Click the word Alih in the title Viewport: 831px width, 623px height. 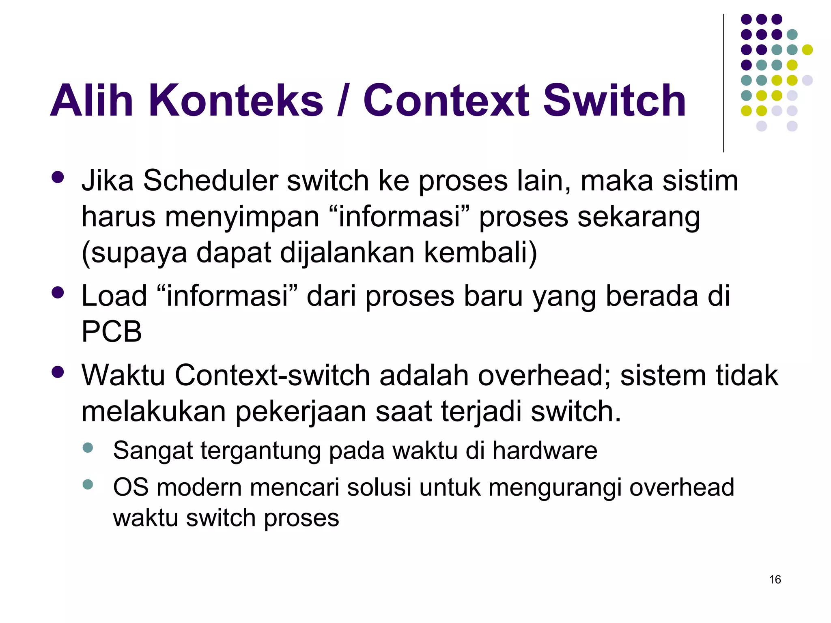click(x=92, y=100)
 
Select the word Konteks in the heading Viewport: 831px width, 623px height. click(x=236, y=100)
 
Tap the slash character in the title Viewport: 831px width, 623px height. click(x=343, y=100)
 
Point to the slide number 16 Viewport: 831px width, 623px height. click(x=775, y=580)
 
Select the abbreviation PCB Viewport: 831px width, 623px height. click(x=112, y=331)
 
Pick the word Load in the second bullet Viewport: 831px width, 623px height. click(x=114, y=296)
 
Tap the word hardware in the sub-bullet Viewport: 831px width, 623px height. click(x=545, y=450)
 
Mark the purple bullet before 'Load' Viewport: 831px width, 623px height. click(x=58, y=292)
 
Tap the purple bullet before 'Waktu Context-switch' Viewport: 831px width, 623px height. click(x=58, y=372)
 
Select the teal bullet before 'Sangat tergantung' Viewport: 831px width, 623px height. click(x=88, y=448)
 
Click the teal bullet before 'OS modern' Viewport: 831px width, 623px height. click(x=88, y=484)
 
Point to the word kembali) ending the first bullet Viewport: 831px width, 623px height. click(x=480, y=253)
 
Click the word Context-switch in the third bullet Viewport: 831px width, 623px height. click(x=272, y=375)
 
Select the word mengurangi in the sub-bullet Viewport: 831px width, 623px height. click(x=555, y=488)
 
